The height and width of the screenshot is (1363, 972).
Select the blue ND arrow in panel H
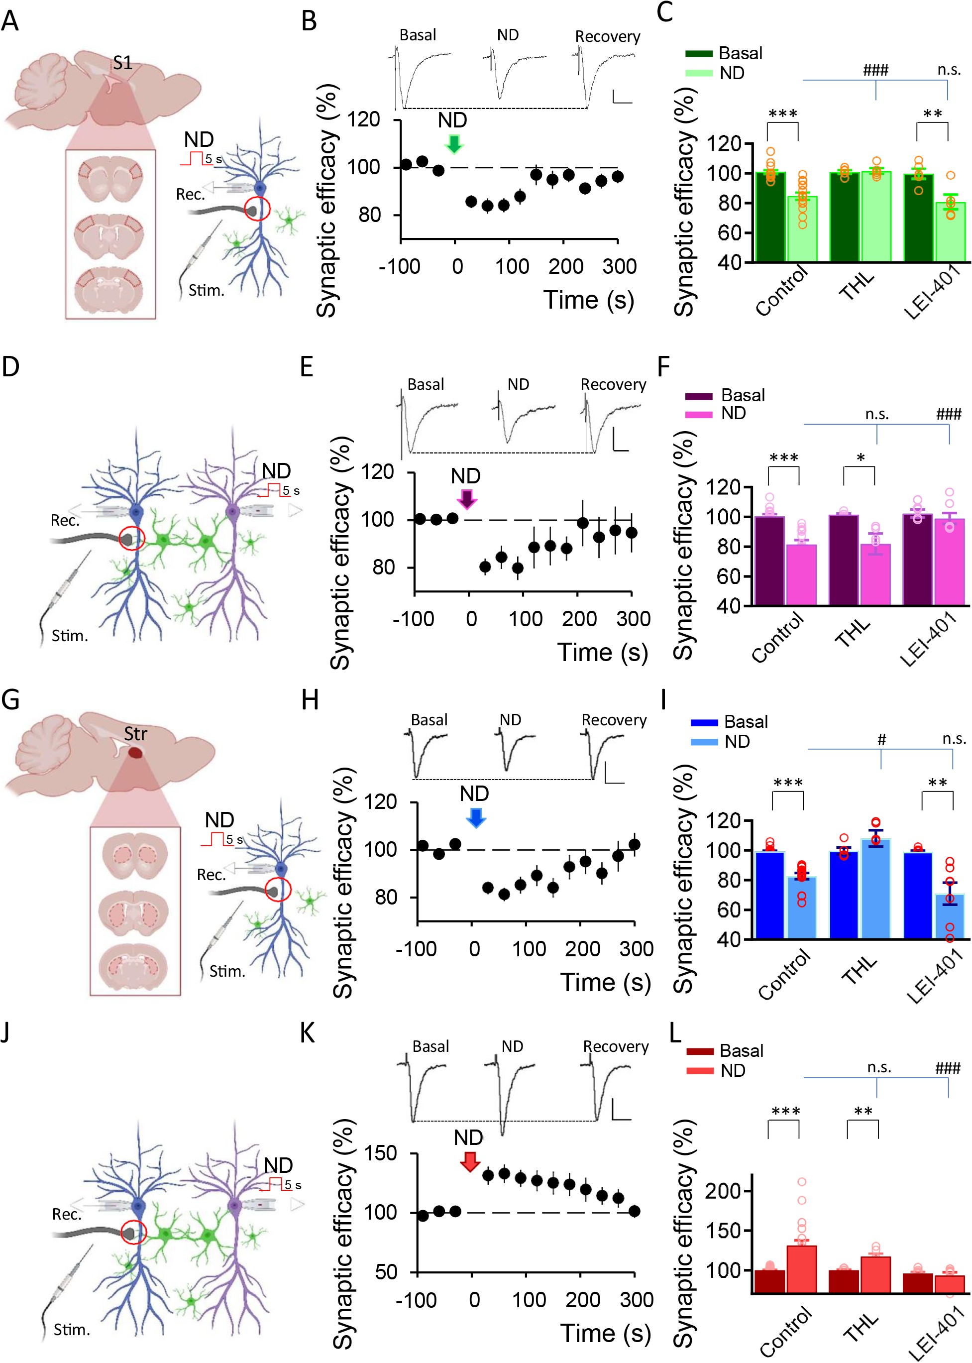tap(476, 817)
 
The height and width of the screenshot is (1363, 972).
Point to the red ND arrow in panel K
tap(470, 1161)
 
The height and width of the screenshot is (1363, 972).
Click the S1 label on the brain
tap(123, 63)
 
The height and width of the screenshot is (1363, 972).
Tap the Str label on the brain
tap(135, 734)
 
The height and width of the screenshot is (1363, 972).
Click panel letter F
tap(663, 367)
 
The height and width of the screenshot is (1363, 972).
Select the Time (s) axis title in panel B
tap(588, 299)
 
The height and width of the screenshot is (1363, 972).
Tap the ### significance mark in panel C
tap(875, 71)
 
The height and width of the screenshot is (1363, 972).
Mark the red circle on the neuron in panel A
tap(258, 210)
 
